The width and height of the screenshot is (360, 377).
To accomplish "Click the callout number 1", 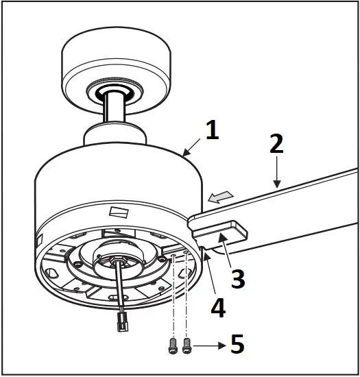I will click(213, 130).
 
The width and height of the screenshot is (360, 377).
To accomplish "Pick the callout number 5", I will click(237, 344).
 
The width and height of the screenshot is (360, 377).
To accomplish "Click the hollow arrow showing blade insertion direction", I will click(217, 198).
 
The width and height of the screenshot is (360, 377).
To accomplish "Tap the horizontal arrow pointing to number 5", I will click(208, 348).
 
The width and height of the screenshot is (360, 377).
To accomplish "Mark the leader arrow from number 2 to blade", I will click(275, 172).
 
